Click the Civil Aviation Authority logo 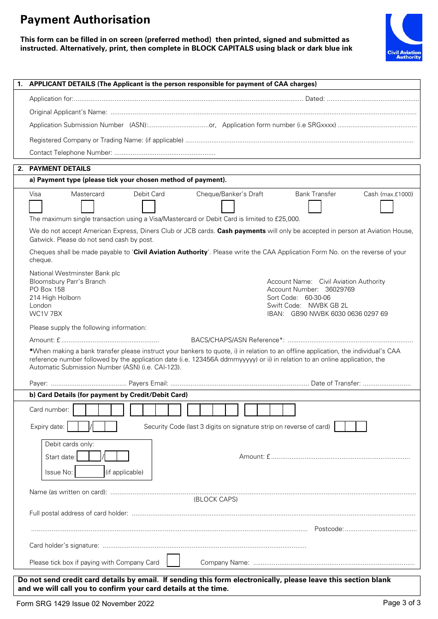tap(403, 37)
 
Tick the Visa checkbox tap(36, 207)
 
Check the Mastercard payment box tap(88, 207)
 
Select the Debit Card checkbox tap(148, 207)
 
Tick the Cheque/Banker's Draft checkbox tap(228, 207)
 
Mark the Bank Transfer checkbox tap(315, 207)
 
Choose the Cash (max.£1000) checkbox tap(386, 207)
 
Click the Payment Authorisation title tap(85, 20)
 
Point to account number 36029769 tap(340, 289)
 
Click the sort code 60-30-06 tap(317, 298)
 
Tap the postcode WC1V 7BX tap(46, 314)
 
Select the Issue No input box tap(89, 472)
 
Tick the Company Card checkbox tap(173, 560)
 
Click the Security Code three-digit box tap(350, 426)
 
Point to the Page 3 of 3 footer tap(401, 603)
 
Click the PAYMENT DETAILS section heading tap(60, 169)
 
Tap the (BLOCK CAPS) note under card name tap(215, 499)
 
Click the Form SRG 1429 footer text tap(85, 603)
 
